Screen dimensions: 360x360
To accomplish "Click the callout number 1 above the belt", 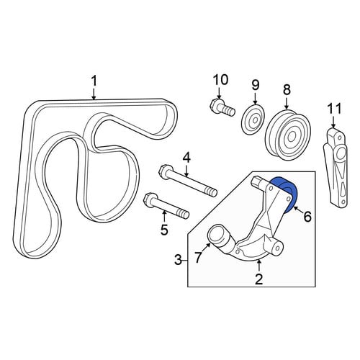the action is (94, 81).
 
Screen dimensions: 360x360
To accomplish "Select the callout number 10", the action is (220, 80).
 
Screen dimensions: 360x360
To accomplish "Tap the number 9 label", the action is (256, 86).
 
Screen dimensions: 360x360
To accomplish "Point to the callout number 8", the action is (287, 90).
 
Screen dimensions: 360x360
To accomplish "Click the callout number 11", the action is (335, 109).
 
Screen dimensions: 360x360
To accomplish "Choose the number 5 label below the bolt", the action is (164, 230).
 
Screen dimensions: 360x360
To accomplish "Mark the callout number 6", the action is (307, 217).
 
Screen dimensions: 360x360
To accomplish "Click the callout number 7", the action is (197, 257).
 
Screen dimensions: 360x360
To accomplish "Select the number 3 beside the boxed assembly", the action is (178, 260).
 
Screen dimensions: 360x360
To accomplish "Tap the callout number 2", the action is (258, 279).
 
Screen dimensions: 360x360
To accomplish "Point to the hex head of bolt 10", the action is (215, 105).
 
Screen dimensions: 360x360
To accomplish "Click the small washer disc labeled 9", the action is (253, 120).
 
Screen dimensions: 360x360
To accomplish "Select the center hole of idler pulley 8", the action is (292, 137).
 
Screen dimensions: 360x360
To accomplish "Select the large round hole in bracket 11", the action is (341, 154).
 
